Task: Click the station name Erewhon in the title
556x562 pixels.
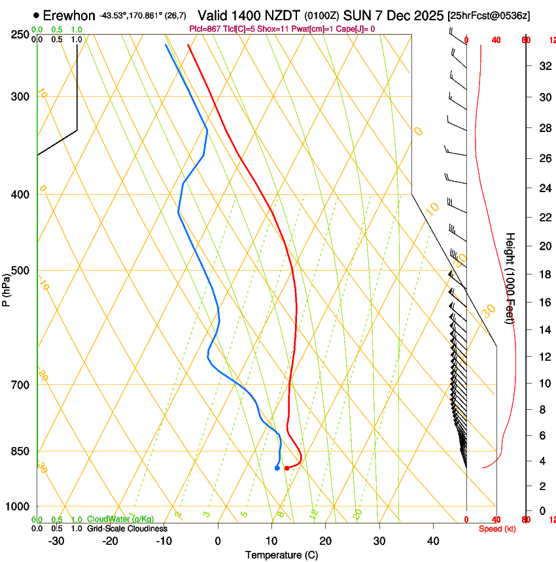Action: (69, 16)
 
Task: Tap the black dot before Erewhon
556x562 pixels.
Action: (35, 15)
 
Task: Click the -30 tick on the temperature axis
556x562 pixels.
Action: (56, 541)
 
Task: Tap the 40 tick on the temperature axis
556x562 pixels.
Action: (433, 541)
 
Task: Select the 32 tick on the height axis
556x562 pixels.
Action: (543, 65)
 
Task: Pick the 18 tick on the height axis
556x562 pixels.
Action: (543, 274)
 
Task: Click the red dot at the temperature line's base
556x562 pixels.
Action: (287, 468)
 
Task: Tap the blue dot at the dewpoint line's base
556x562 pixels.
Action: (277, 468)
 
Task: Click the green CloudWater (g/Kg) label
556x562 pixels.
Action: (120, 519)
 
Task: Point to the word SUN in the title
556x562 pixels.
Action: (372, 16)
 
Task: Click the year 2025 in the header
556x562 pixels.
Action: (426, 16)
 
